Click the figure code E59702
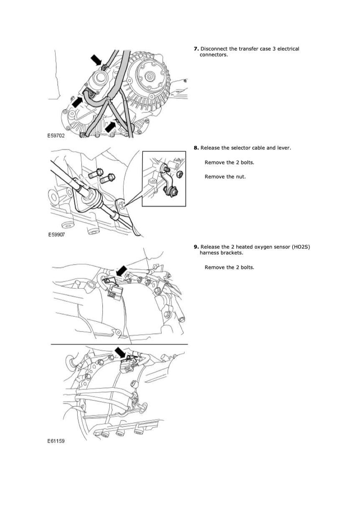56,136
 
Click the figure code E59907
56,234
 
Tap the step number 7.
196,49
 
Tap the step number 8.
196,148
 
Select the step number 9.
196,247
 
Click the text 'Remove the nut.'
225,177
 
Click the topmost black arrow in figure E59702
96,60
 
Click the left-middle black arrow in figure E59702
77,102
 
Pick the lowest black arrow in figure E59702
111,126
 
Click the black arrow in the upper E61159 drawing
121,270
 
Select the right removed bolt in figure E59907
107,179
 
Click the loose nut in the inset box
180,174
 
